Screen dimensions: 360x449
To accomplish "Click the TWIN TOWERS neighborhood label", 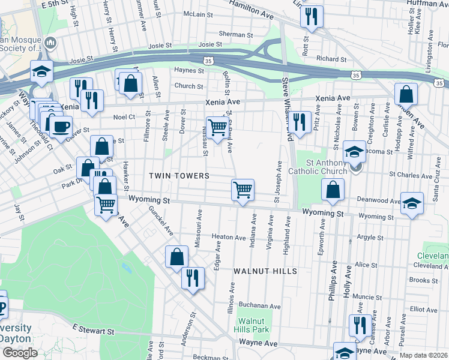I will [x=179, y=176].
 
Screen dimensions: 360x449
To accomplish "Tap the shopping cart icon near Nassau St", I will [x=217, y=127].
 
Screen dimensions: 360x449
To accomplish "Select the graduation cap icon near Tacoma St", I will [x=355, y=152].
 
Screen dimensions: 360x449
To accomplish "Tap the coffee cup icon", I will [x=60, y=127].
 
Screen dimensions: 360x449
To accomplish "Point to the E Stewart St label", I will [x=93, y=330].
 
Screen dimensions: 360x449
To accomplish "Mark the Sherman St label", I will [x=234, y=34].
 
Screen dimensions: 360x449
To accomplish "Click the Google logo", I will [x=20, y=353].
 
